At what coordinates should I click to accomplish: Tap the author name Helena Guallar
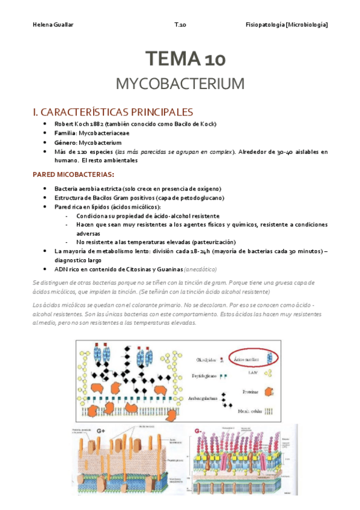coord(50,24)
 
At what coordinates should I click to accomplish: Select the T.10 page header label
coord(180,24)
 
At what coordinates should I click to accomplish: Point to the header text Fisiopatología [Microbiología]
coord(287,24)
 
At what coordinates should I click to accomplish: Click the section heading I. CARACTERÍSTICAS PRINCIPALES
coord(112,112)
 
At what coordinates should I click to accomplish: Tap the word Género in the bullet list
coord(65,143)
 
